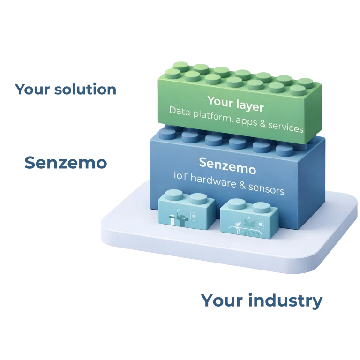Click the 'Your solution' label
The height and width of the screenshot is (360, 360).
65,90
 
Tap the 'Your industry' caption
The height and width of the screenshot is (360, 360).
261,301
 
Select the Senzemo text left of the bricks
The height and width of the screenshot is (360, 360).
66,163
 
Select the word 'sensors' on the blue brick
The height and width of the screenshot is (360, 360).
267,190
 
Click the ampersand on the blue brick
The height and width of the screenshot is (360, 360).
243,186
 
